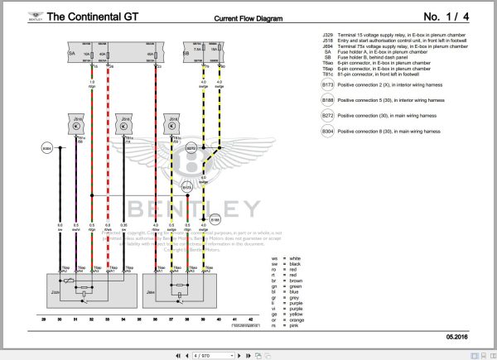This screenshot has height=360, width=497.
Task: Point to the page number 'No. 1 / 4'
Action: (x=451, y=16)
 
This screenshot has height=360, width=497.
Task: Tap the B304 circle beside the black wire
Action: (x=46, y=148)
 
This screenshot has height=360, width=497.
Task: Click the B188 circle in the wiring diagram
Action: (x=214, y=220)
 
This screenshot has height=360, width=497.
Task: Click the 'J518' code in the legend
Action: (x=329, y=41)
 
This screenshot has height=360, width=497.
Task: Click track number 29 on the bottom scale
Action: (x=44, y=318)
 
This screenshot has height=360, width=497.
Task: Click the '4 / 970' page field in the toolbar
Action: (x=201, y=354)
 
